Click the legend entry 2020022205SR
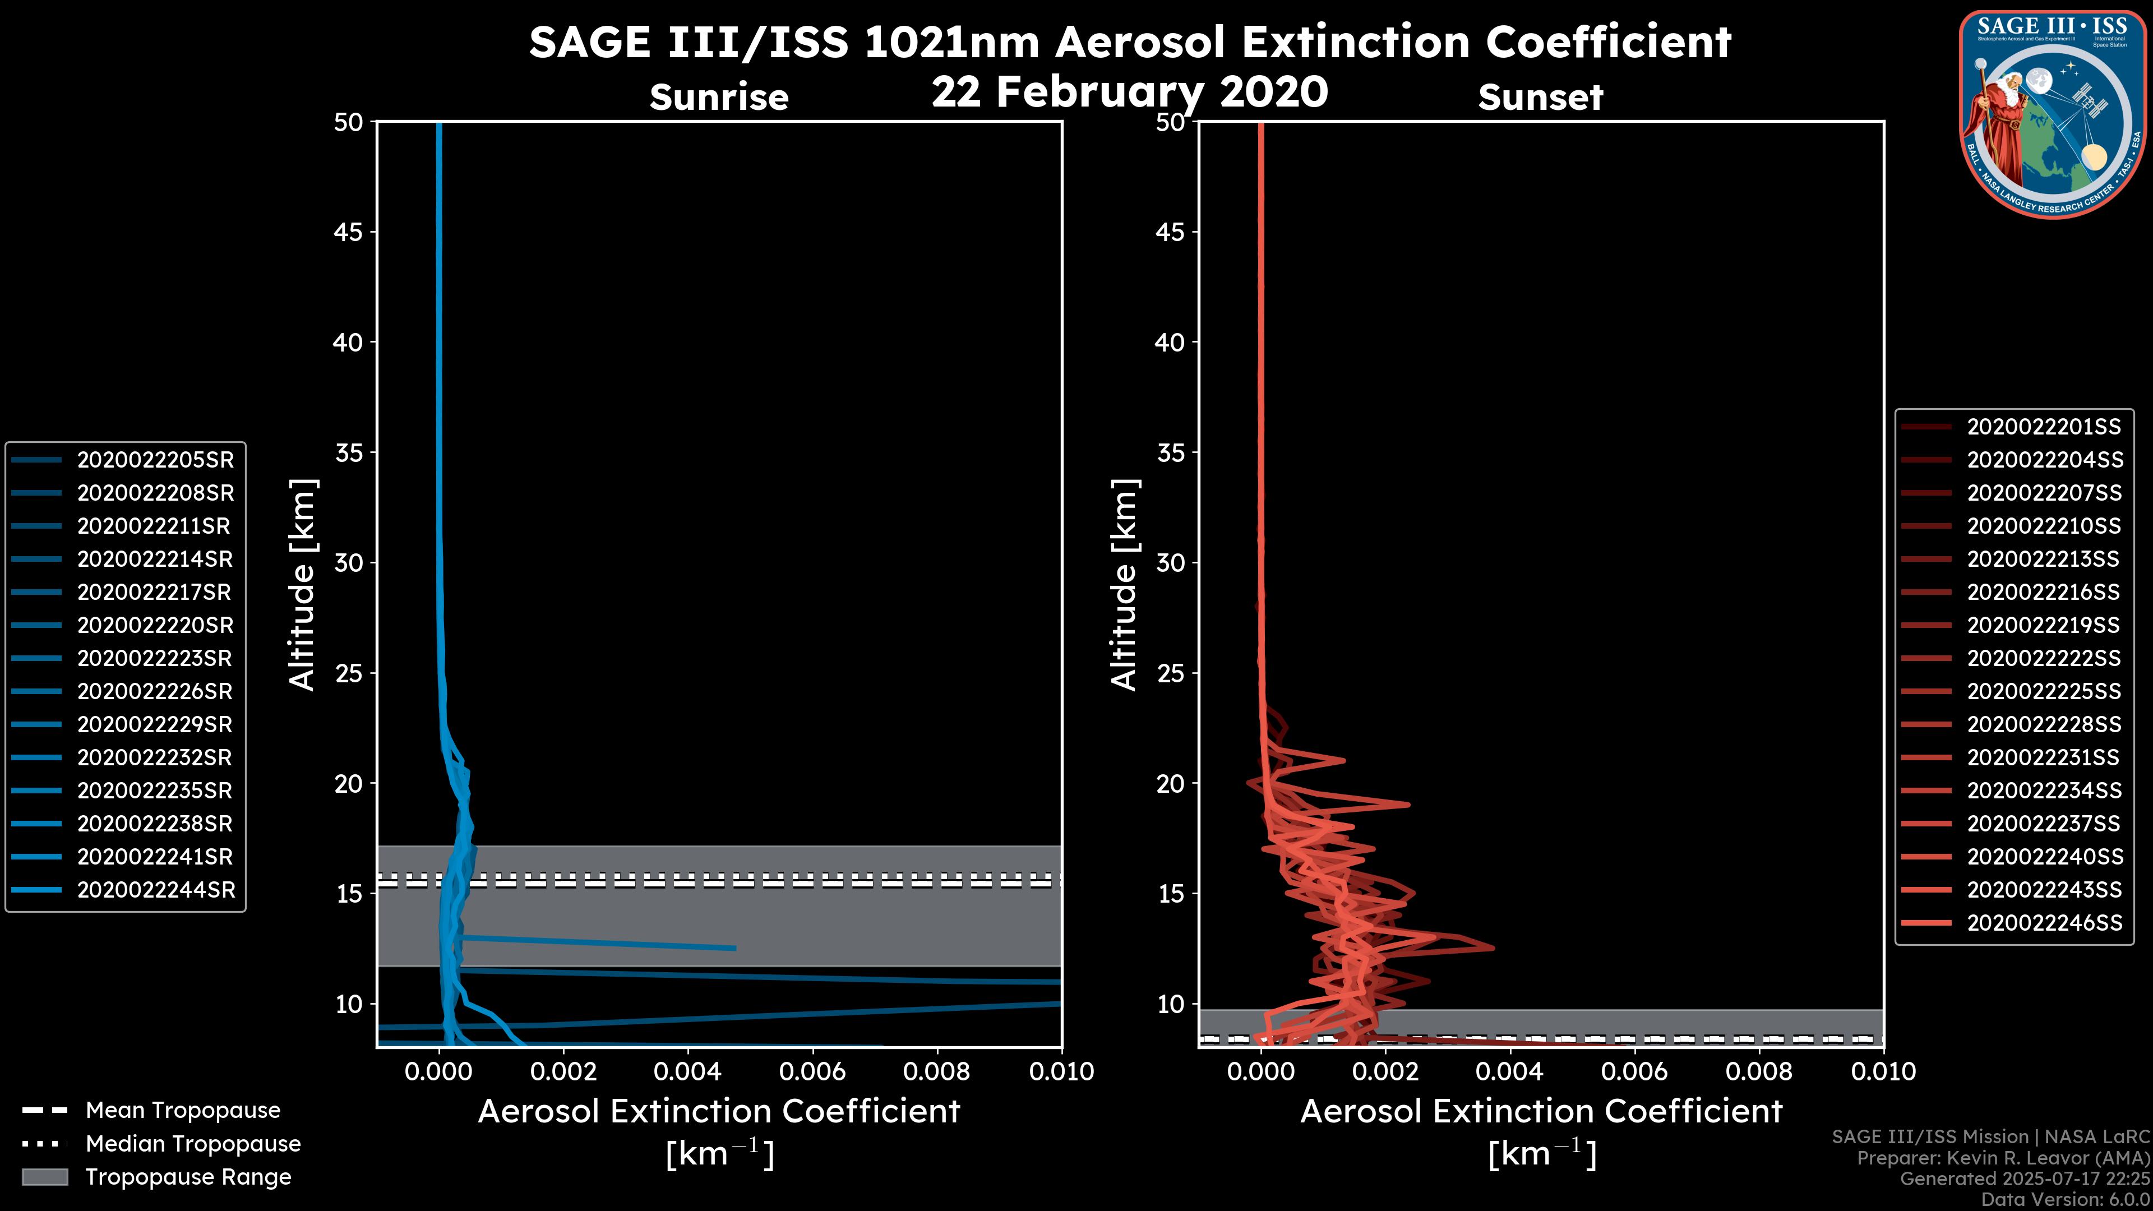pyautogui.click(x=155, y=460)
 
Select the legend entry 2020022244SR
pyautogui.click(x=155, y=890)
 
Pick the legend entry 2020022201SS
pyautogui.click(x=2044, y=427)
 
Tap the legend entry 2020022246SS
pyautogui.click(x=2044, y=923)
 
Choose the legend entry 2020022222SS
pyautogui.click(x=2044, y=659)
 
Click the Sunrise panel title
pyautogui.click(x=719, y=98)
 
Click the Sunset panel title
pyautogui.click(x=1540, y=98)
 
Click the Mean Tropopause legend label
pyautogui.click(x=183, y=1110)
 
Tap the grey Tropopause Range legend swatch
pyautogui.click(x=44, y=1177)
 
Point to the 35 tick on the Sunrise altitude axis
pyautogui.click(x=349, y=453)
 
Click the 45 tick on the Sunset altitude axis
pyautogui.click(x=1171, y=232)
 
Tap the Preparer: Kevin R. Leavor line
pyautogui.click(x=2003, y=1158)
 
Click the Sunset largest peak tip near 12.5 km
pyautogui.click(x=1493, y=947)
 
